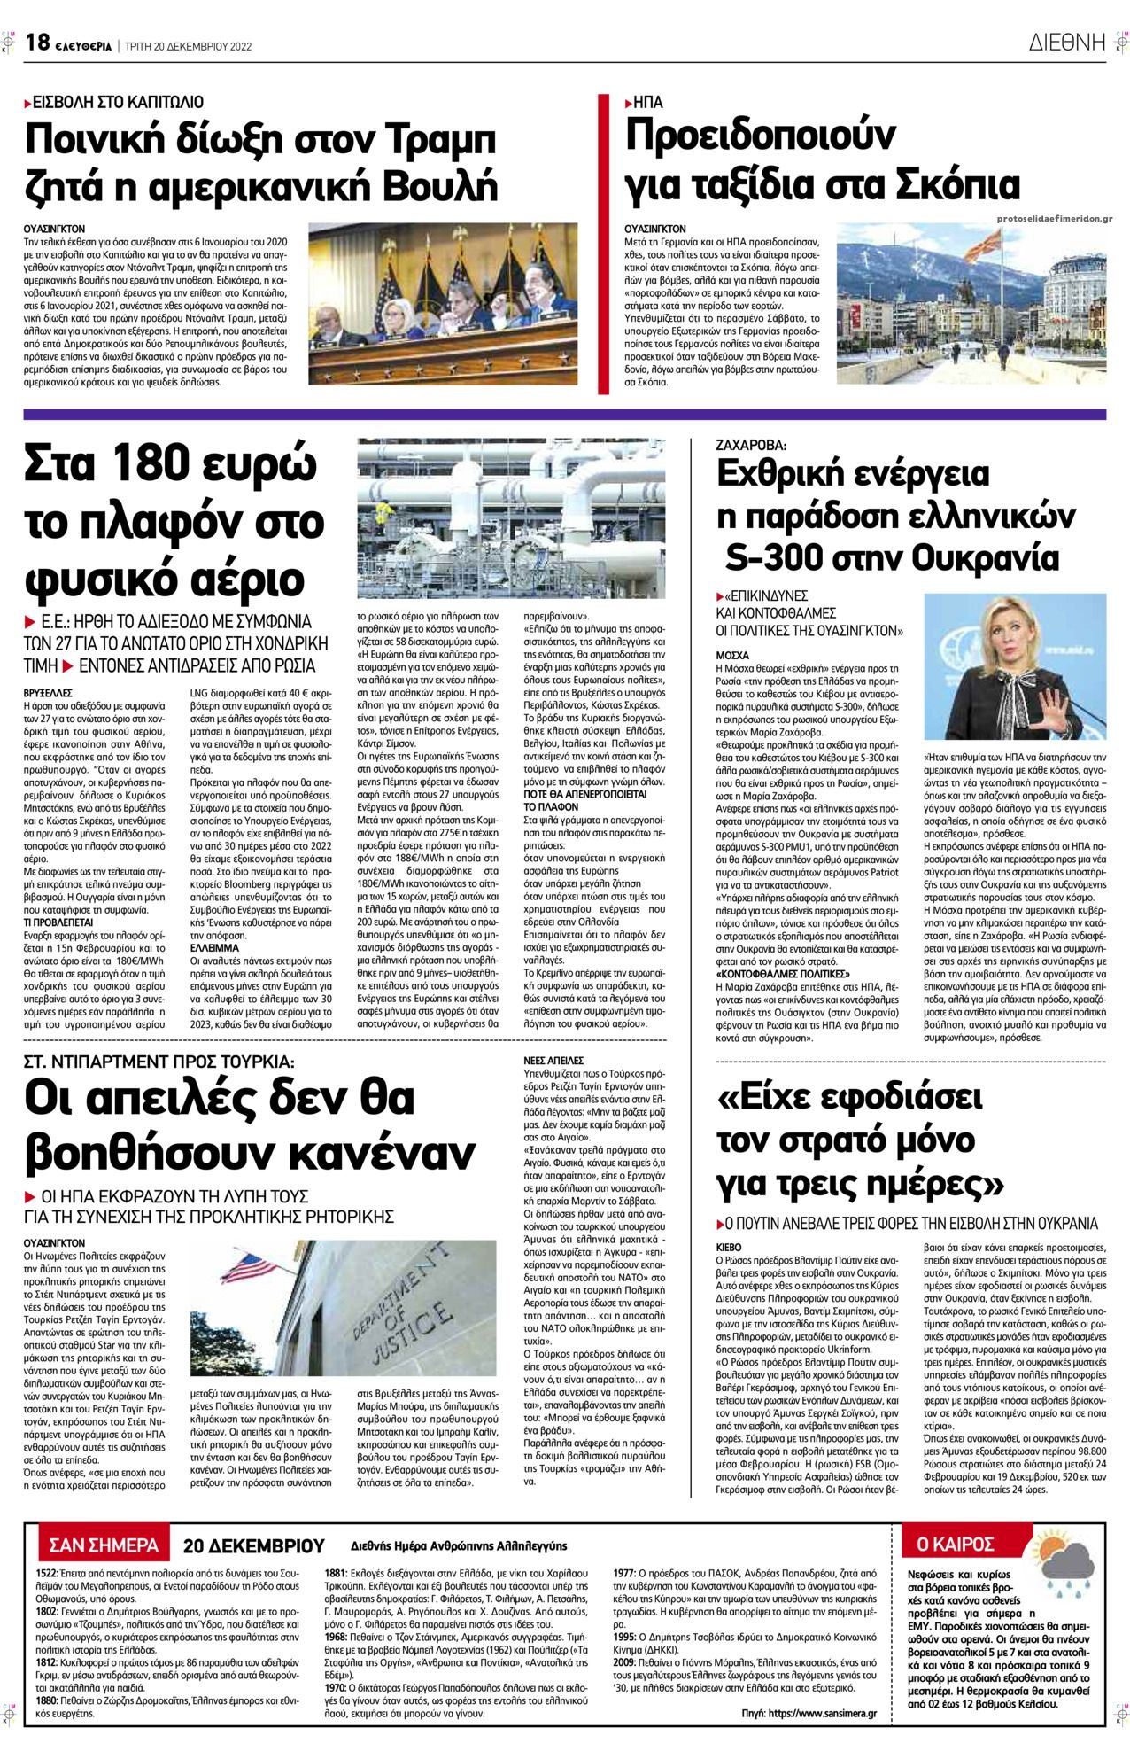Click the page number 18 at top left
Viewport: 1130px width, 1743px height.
[36, 42]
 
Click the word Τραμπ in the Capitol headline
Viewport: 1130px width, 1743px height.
[434, 141]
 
